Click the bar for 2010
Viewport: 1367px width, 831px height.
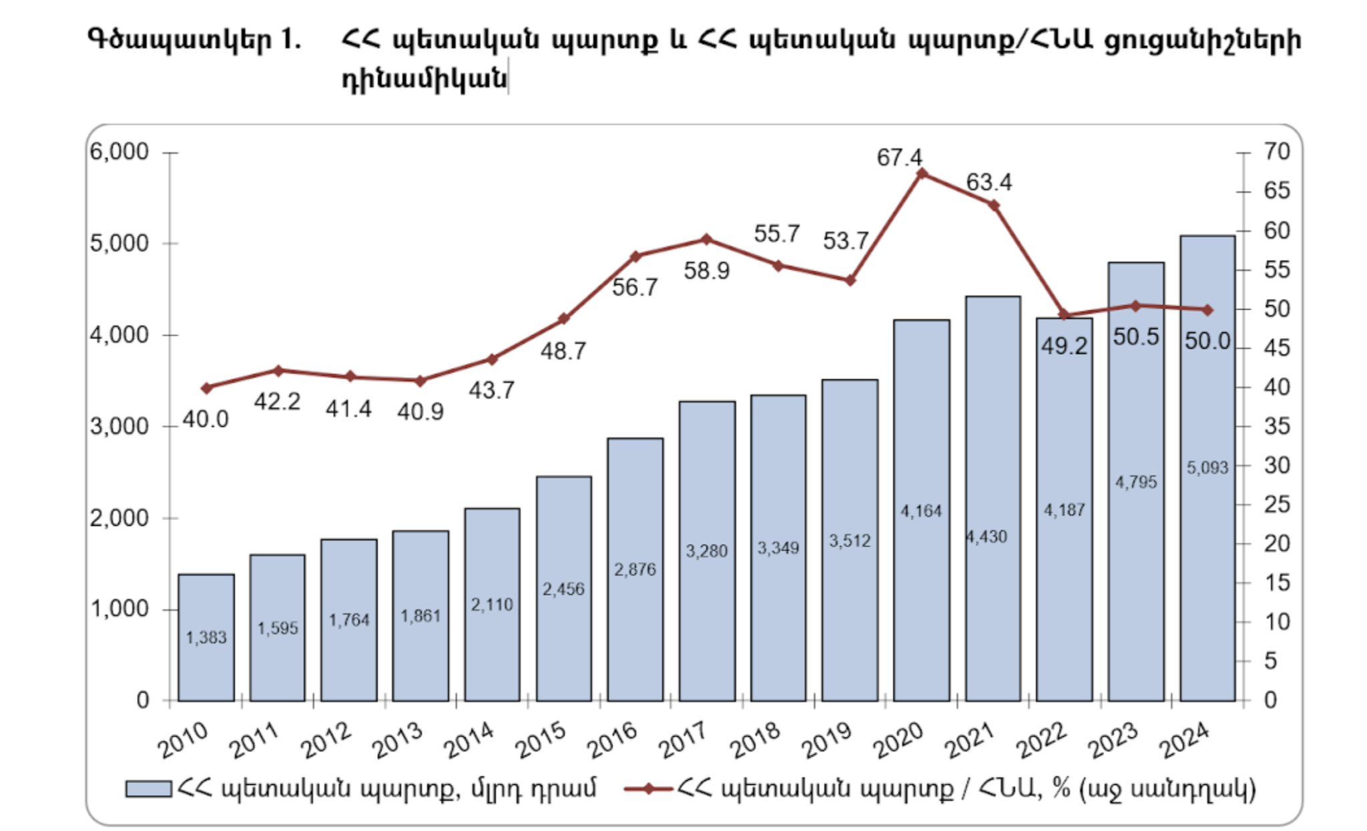click(x=206, y=637)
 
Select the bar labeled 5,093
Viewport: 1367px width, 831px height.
click(x=1207, y=467)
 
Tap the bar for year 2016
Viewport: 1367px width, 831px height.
click(x=635, y=569)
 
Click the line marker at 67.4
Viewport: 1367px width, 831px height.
click(x=922, y=174)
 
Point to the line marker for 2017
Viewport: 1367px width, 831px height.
click(x=706, y=240)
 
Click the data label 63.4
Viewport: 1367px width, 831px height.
click(x=989, y=182)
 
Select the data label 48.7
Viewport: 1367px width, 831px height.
click(x=563, y=351)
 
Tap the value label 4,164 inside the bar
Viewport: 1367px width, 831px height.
click(x=921, y=511)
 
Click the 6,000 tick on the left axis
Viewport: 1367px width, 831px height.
click(x=119, y=152)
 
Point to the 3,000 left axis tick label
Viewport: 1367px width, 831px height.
click(x=119, y=427)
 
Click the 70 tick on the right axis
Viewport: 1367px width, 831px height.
click(x=1276, y=152)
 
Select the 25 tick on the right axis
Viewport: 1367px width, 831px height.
click(x=1276, y=505)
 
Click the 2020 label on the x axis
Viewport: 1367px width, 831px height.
click(x=899, y=740)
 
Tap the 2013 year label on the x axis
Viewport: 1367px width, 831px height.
click(x=398, y=740)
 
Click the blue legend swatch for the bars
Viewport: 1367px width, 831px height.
click(x=148, y=789)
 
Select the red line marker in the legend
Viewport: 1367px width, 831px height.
click(x=647, y=789)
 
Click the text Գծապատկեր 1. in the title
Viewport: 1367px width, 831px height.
click(x=194, y=40)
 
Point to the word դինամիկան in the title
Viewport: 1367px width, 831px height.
click(x=424, y=79)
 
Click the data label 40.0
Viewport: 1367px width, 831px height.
click(x=206, y=419)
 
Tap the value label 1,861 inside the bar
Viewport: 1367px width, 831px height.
click(x=421, y=616)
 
